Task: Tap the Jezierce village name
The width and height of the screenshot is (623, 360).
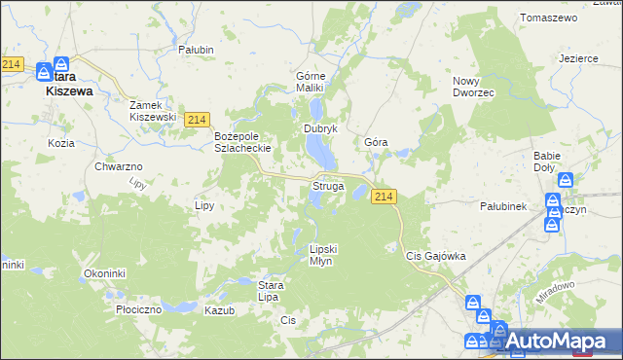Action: (x=578, y=57)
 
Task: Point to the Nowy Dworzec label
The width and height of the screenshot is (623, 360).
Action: (x=474, y=87)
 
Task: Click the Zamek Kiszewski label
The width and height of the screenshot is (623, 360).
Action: (x=153, y=110)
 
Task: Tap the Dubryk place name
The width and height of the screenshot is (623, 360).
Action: (x=320, y=128)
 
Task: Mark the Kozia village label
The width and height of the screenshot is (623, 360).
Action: (x=60, y=143)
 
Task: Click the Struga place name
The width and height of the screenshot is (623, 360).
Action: (x=326, y=185)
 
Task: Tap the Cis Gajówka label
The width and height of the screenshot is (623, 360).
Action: (x=435, y=256)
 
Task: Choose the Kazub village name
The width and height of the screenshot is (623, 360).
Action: (x=220, y=309)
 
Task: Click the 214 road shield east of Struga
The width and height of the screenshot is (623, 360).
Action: (x=384, y=197)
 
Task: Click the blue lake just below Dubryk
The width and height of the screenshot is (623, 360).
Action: (x=320, y=150)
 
